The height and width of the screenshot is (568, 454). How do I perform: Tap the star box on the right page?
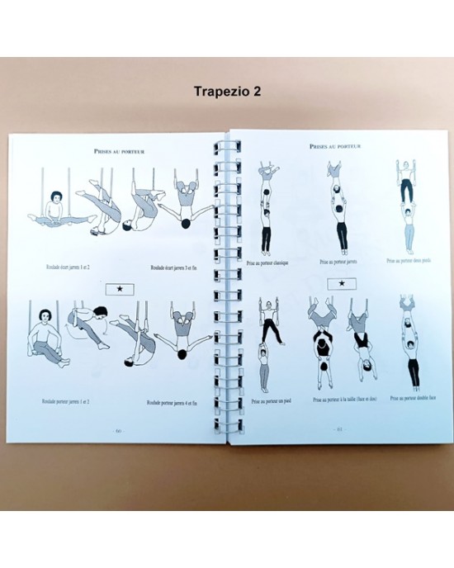(338, 284)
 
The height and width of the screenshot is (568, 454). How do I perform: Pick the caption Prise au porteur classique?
(272, 262)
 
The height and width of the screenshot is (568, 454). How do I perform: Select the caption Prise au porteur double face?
(409, 398)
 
